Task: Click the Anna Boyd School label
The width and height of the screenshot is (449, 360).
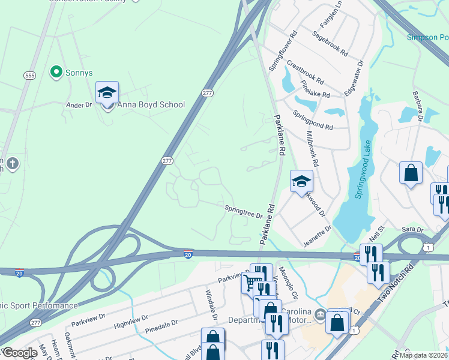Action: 151,104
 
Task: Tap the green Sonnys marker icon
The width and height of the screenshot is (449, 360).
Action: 56,73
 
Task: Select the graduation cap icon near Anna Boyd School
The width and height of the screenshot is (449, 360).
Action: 107,92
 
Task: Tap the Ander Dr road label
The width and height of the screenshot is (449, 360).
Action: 79,104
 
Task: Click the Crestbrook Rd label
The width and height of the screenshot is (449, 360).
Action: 305,71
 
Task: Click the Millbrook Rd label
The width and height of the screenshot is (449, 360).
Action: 312,149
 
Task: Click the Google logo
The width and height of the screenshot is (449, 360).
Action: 20,353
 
